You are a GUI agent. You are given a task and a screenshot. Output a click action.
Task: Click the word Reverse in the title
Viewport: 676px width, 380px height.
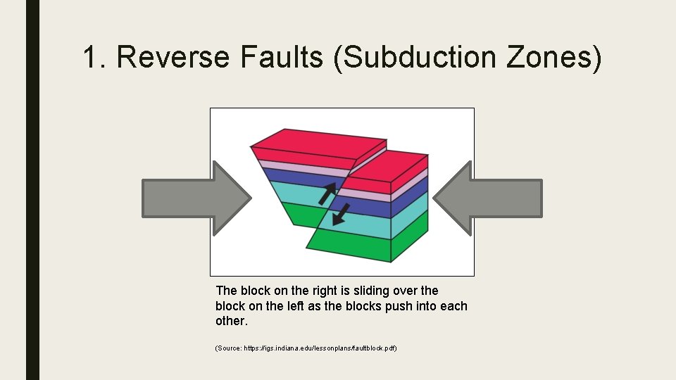point(173,57)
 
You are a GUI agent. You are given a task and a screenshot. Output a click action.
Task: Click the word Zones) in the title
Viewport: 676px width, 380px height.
point(553,57)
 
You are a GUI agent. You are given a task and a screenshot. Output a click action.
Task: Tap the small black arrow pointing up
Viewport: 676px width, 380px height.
point(327,192)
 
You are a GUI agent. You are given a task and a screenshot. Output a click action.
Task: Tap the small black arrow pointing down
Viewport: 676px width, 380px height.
point(341,213)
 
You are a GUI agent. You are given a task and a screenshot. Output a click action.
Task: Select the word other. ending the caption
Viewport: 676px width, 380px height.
point(232,321)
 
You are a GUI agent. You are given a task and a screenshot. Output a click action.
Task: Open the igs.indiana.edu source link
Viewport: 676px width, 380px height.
point(306,348)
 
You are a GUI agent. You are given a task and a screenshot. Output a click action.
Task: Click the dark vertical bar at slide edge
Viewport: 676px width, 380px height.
point(32,190)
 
